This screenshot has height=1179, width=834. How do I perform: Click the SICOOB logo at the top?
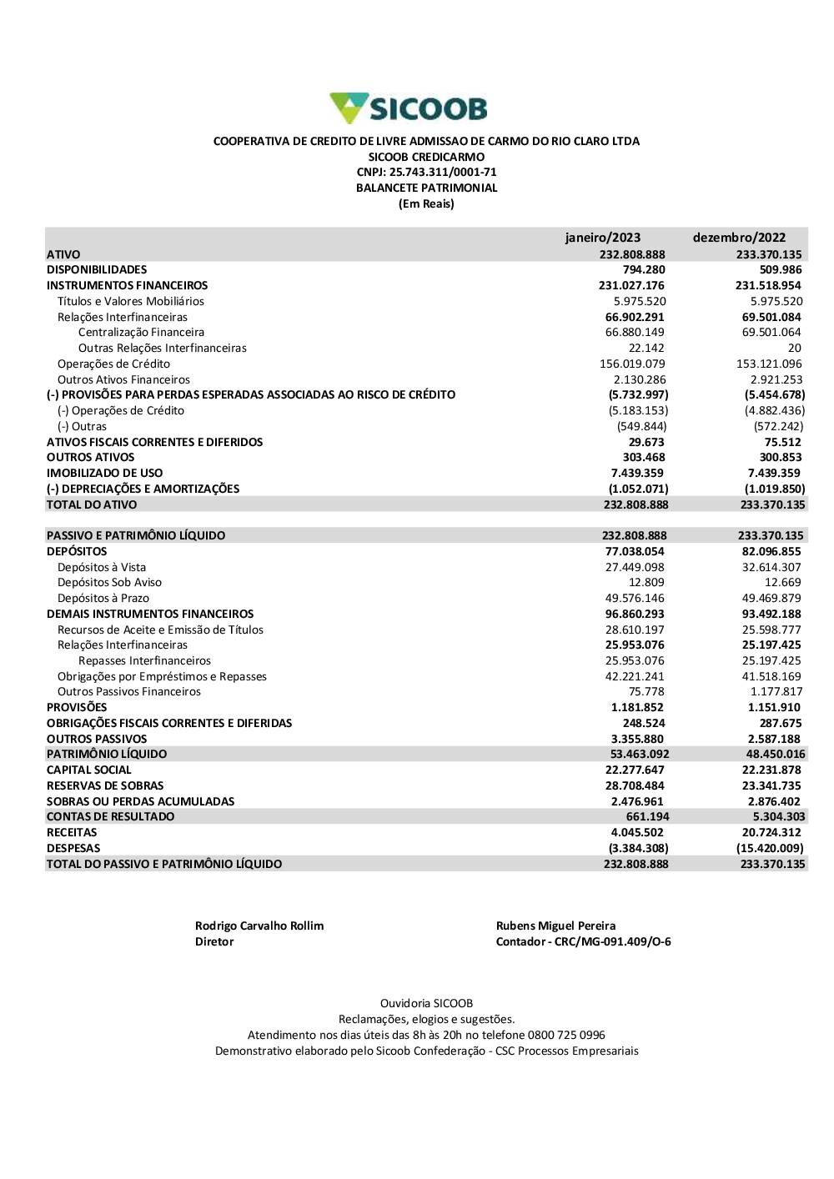[x=409, y=108]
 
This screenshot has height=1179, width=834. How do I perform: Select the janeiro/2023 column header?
[x=602, y=238]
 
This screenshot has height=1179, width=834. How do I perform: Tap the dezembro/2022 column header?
[x=739, y=238]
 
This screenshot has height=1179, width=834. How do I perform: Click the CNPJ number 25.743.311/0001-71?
[x=443, y=173]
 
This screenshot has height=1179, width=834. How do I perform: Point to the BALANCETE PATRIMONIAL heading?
[x=426, y=188]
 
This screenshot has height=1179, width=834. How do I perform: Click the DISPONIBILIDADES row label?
[x=97, y=270]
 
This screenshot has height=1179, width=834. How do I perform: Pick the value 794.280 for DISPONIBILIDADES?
[x=644, y=270]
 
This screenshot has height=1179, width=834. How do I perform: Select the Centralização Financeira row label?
[x=141, y=333]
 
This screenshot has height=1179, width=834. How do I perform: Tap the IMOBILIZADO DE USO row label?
[x=104, y=474]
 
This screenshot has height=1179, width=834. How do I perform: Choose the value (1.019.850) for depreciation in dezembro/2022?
[x=775, y=489]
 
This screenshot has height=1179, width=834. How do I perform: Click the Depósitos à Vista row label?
[x=102, y=568]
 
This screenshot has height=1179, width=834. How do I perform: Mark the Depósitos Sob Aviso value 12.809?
[x=646, y=583]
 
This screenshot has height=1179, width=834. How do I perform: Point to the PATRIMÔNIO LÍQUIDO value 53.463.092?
[x=639, y=755]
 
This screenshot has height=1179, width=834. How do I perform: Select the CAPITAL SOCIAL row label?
[x=88, y=770]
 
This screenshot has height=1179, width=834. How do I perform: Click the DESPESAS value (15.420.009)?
[x=770, y=849]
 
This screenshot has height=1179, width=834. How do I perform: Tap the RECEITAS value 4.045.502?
[x=637, y=833]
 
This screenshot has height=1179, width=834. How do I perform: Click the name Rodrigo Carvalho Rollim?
[x=259, y=926]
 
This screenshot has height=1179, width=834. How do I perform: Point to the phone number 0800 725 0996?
[x=566, y=1036]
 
